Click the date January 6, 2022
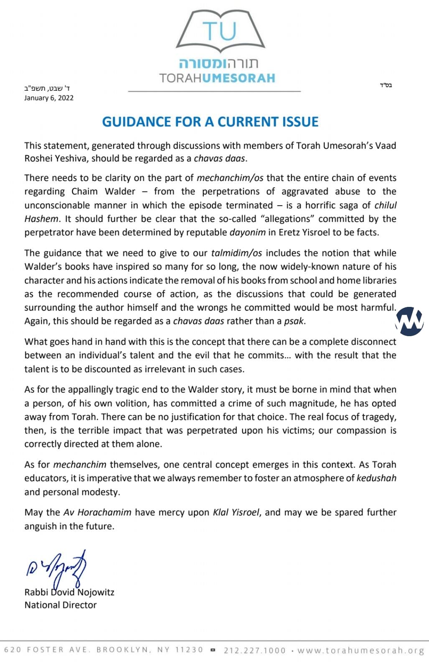49,98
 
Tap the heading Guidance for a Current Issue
210,122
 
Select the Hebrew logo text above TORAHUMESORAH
218,64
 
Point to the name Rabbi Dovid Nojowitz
69,592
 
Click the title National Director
61,605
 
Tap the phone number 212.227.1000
255,650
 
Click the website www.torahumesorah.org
361,650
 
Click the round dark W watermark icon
409,321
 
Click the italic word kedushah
376,478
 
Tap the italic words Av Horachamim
97,512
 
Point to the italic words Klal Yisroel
236,512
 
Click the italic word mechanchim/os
230,178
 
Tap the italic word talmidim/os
237,253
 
